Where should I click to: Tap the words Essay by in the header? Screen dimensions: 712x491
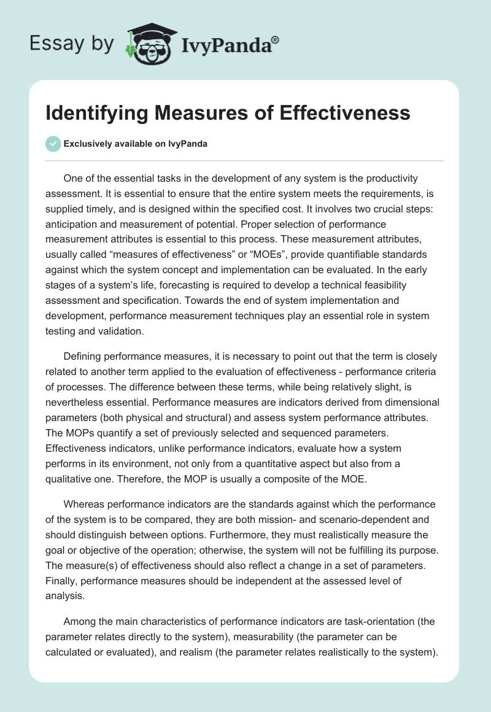(71, 43)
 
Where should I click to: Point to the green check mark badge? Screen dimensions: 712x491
(53, 144)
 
